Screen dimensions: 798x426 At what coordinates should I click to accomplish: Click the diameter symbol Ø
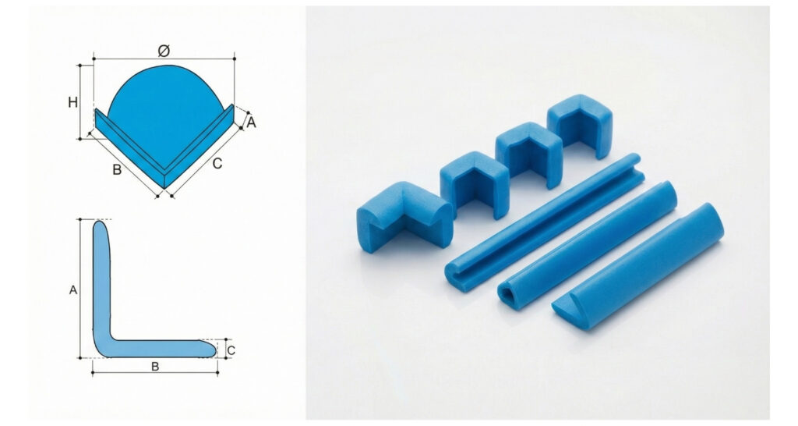point(164,51)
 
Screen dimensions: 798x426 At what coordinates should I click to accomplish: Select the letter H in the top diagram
point(72,102)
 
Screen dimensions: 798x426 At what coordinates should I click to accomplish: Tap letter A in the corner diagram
point(251,122)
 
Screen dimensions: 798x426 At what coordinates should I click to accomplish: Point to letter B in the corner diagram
point(117,169)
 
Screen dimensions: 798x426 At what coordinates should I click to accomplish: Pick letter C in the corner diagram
point(217,164)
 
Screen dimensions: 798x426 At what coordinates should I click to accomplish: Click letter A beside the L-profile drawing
point(73,290)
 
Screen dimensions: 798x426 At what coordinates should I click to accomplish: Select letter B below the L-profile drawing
point(155,367)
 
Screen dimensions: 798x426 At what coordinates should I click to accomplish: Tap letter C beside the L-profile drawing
point(231,350)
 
